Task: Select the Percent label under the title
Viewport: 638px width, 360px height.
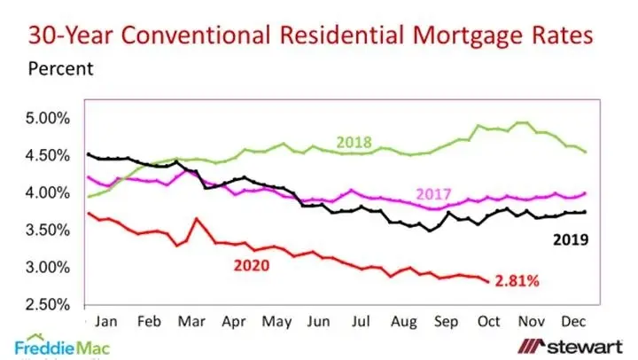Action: coord(59,67)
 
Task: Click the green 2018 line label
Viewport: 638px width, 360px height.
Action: coord(354,142)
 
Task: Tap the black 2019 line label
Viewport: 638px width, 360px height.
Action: coord(570,239)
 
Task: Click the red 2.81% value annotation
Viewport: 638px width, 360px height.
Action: coord(518,281)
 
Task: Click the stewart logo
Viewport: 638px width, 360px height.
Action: coord(568,345)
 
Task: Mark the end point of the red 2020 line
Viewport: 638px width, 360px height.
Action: coord(487,281)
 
